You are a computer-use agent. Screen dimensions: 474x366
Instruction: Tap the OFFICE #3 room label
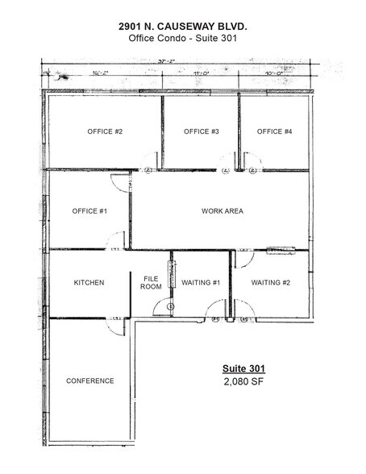pos(202,131)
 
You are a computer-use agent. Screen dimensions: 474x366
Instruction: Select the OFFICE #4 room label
pos(275,131)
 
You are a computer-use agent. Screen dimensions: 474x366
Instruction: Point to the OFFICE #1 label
pos(89,211)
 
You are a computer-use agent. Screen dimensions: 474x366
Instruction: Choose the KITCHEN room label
pos(89,282)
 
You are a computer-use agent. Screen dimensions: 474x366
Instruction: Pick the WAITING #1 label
pos(202,282)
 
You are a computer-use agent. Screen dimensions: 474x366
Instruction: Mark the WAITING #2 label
pos(270,282)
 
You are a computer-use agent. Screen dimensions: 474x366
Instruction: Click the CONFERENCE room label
pos(89,380)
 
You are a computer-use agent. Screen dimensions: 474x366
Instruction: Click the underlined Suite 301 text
pos(243,369)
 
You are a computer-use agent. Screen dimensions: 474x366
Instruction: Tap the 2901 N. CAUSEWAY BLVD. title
pos(182,27)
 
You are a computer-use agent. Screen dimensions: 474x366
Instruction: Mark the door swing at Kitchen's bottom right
pos(118,326)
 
